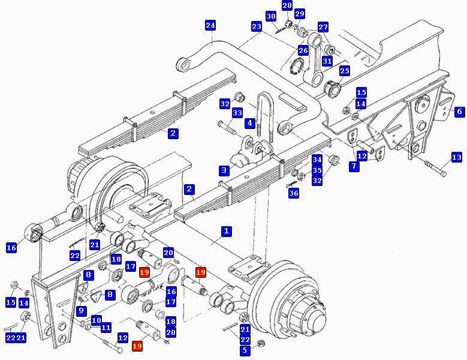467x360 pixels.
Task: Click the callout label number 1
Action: tap(227, 231)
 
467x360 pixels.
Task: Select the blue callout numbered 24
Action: tap(210, 25)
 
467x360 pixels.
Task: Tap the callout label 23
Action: tap(257, 26)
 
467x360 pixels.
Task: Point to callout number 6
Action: tap(460, 112)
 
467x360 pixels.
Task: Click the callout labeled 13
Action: tap(457, 157)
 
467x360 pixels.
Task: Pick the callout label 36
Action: tap(294, 193)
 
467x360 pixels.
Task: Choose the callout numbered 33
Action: tap(237, 113)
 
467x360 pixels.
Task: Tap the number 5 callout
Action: tap(245, 350)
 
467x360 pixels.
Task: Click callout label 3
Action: tap(224, 170)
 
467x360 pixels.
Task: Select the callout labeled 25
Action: tap(345, 71)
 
